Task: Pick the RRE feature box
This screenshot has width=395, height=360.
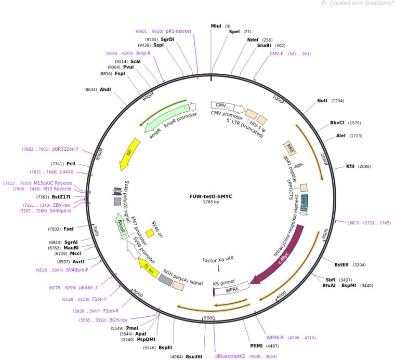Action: [x=289, y=148]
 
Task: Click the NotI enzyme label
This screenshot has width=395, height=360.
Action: [x=323, y=101]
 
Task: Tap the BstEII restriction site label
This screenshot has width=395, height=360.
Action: [x=341, y=264]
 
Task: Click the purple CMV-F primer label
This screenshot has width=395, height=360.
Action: [x=276, y=54]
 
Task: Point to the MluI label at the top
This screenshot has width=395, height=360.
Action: [x=216, y=25]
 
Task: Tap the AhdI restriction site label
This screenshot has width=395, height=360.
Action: [x=106, y=89]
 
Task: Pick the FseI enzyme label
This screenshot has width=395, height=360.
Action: [x=69, y=229]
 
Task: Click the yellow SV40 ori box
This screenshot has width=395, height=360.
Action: [x=150, y=234]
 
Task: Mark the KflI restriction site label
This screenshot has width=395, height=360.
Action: [x=351, y=166]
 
